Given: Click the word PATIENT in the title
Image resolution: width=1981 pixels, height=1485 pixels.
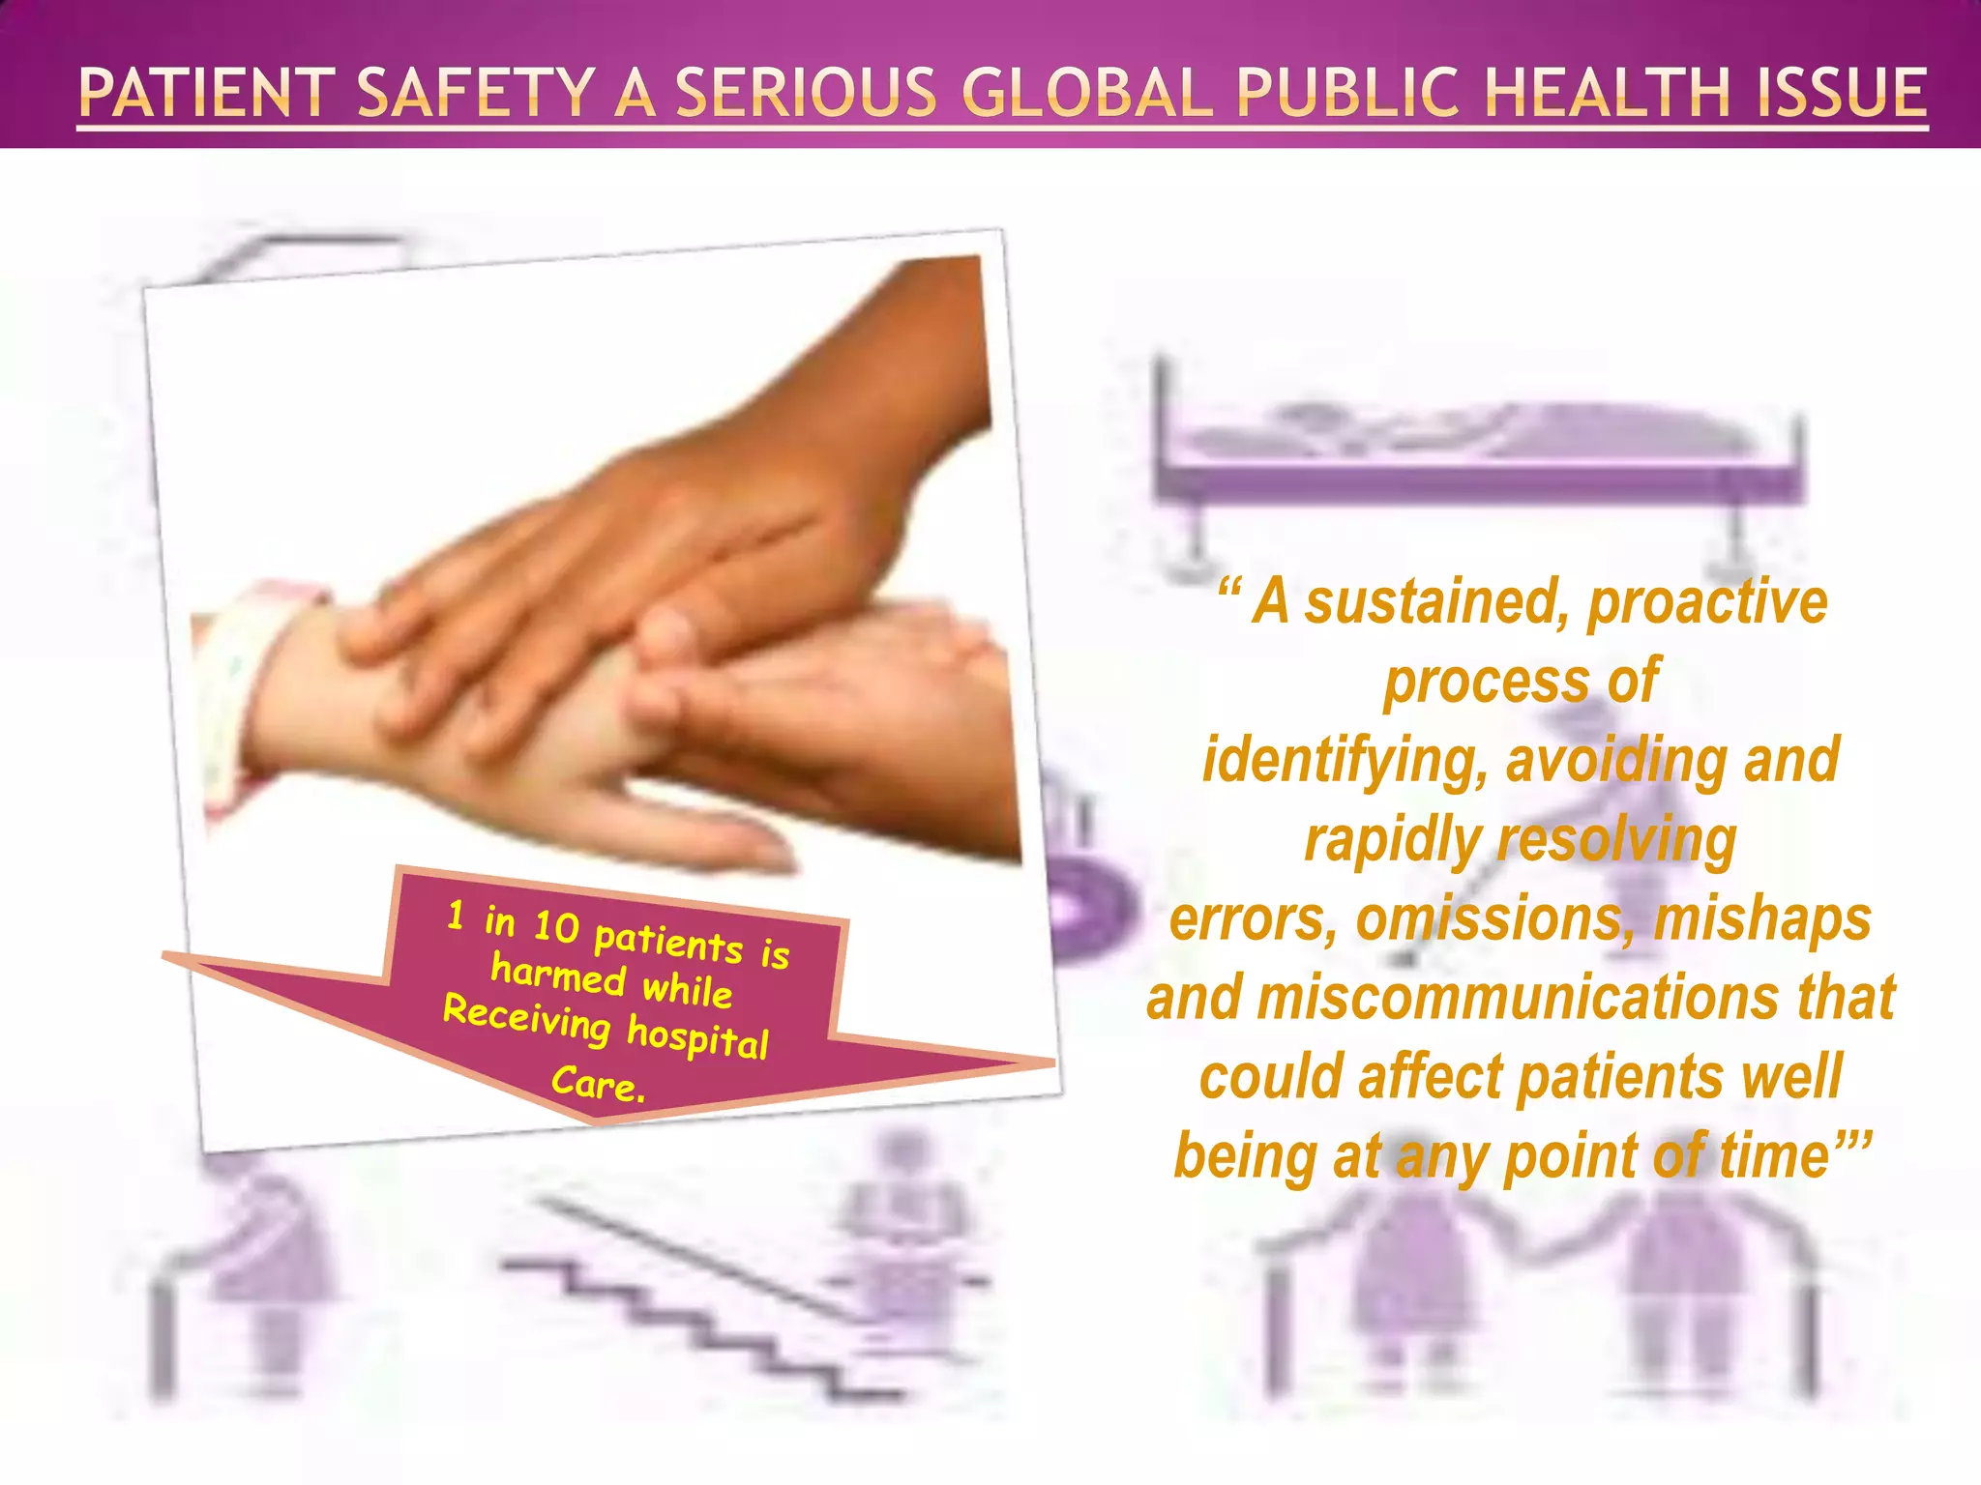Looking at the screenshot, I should [206, 93].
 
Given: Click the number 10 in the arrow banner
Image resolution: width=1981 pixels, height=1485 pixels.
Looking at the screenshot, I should [556, 926].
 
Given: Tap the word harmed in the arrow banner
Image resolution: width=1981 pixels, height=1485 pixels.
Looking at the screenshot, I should [558, 973].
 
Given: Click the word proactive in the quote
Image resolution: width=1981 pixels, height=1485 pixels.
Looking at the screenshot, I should [1708, 603].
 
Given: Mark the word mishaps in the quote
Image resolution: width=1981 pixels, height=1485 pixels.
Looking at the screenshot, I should [1762, 918].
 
